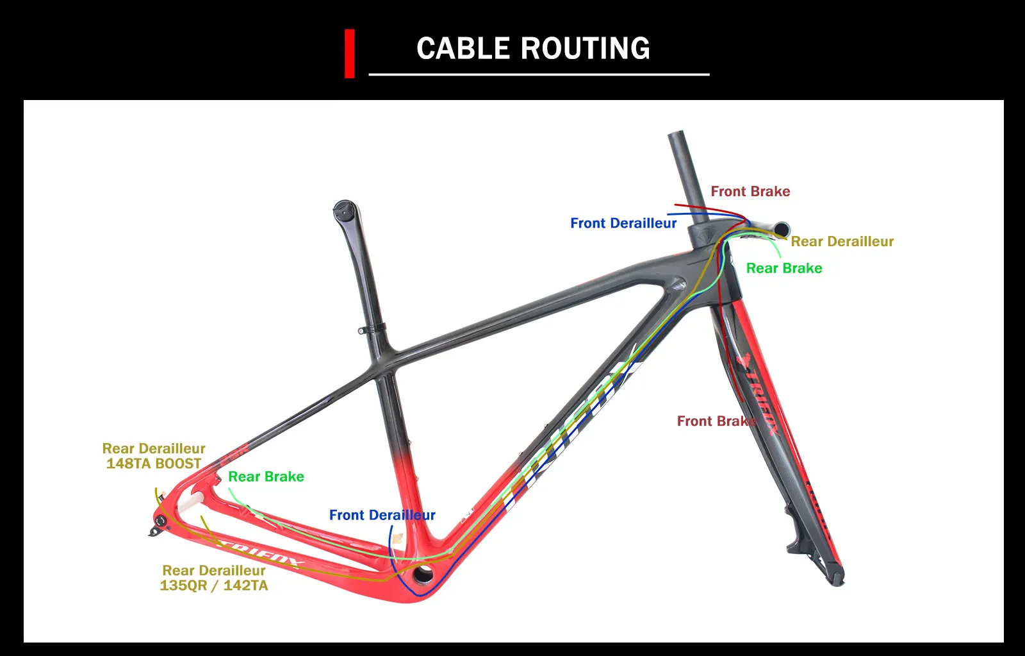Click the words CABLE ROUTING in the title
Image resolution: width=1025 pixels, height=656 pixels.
coord(533,49)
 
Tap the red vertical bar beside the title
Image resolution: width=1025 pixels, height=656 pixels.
coord(349,54)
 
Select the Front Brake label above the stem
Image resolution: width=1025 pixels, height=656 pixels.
coord(750,191)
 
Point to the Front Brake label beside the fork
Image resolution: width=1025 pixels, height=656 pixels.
coord(716,421)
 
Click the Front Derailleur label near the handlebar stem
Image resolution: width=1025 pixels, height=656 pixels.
coord(623,223)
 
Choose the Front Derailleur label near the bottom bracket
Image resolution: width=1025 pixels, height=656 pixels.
coord(382,515)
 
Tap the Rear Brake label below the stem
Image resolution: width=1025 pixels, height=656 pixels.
coord(784,268)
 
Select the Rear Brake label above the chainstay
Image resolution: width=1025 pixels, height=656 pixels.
coord(266,476)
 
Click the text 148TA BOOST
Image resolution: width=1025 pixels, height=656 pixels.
coord(154,464)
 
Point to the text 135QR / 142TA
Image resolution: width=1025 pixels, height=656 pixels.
coord(214,585)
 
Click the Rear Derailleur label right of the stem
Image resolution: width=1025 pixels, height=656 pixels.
coord(842,241)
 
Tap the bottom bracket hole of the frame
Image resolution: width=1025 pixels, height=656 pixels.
coord(422,574)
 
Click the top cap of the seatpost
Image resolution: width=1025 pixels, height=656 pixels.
coord(344,208)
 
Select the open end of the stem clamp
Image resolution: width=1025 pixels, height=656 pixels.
coord(782,229)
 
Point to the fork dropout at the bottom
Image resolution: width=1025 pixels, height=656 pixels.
coord(835,578)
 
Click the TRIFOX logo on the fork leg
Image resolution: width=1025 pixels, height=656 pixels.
coord(760,398)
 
